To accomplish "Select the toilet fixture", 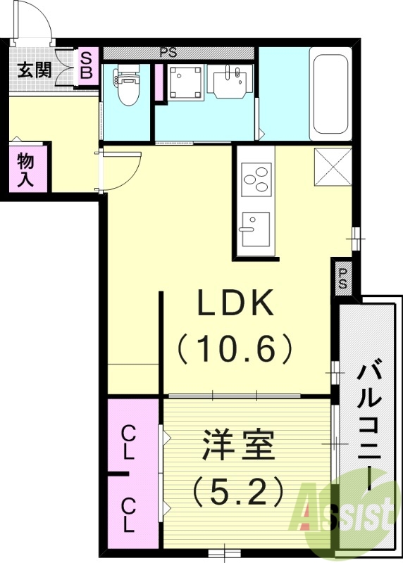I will [x=128, y=85].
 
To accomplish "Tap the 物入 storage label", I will [x=25, y=169].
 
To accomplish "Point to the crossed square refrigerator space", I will [x=333, y=165].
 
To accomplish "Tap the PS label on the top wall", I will [x=168, y=52].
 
